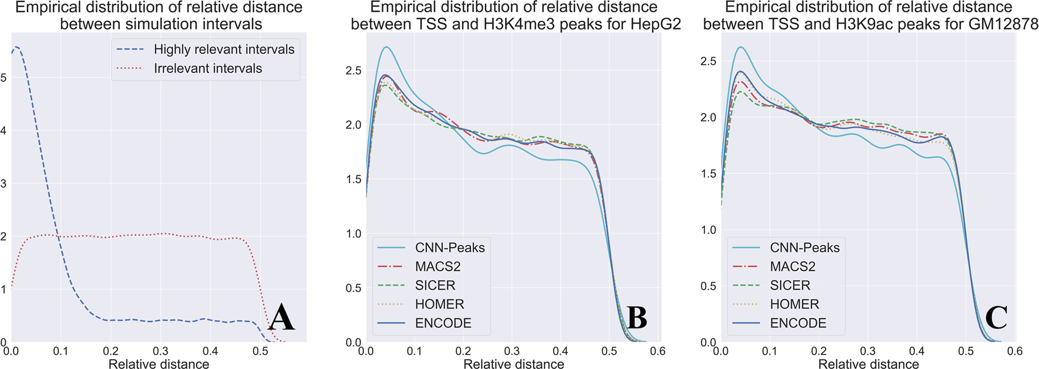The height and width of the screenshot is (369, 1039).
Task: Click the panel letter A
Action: pos(282,318)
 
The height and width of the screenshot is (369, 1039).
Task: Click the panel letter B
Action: pos(636,318)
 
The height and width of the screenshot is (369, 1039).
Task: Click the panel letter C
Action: pos(996,318)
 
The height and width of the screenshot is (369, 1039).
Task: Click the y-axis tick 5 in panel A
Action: pos(4,78)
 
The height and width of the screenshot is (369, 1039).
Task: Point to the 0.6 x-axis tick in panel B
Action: pos(658,351)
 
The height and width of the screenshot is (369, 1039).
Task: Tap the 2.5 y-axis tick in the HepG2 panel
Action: pos(353,71)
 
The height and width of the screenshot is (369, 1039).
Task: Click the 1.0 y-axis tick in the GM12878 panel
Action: pos(708,230)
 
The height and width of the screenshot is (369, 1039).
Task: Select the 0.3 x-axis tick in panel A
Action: pos(160,351)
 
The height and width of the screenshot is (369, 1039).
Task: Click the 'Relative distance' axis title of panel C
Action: pos(868,364)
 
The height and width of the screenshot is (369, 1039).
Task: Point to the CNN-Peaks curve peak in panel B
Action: pos(386,47)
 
